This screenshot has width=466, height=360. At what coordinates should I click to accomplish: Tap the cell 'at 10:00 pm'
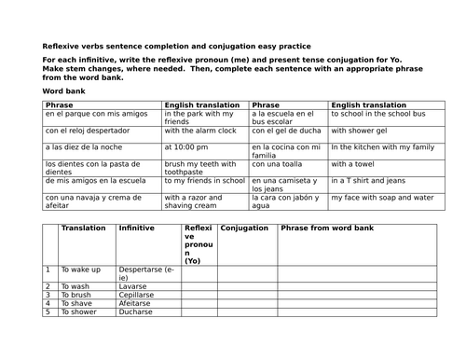(187, 146)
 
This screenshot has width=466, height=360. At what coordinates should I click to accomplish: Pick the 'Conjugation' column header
(246, 228)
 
